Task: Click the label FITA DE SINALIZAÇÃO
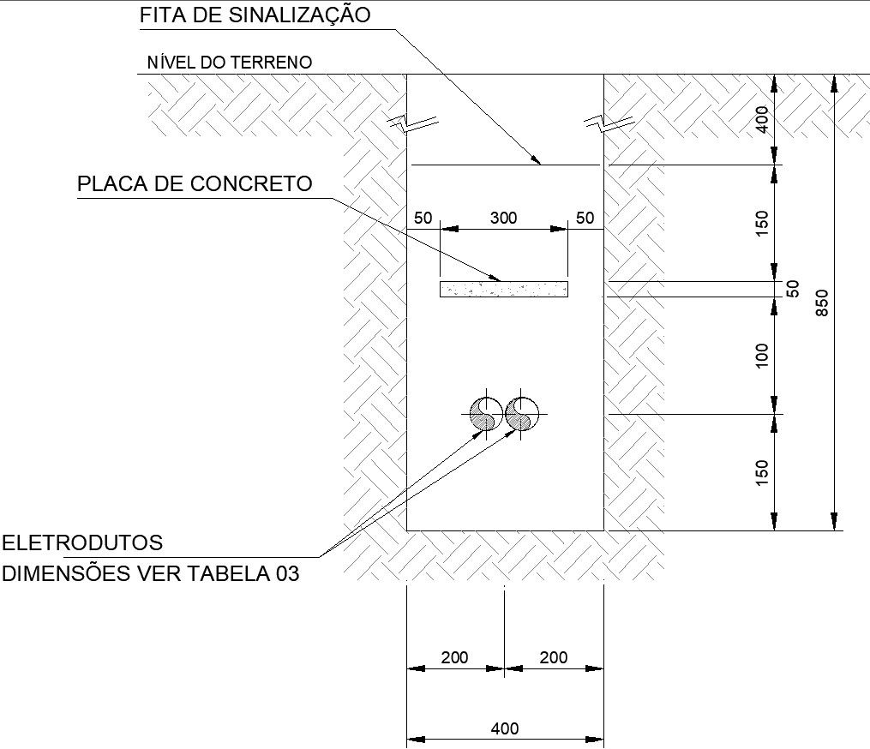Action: (255, 15)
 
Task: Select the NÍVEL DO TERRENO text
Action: (230, 62)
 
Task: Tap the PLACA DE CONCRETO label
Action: (195, 184)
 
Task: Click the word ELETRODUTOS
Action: (82, 542)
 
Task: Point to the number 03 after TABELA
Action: (287, 573)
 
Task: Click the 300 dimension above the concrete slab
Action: (503, 218)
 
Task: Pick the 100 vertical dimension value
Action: (762, 355)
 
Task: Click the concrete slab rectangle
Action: (504, 289)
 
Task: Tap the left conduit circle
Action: (486, 414)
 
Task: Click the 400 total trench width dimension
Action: (505, 728)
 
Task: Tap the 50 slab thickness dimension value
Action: (792, 289)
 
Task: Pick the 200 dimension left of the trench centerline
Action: (454, 657)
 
